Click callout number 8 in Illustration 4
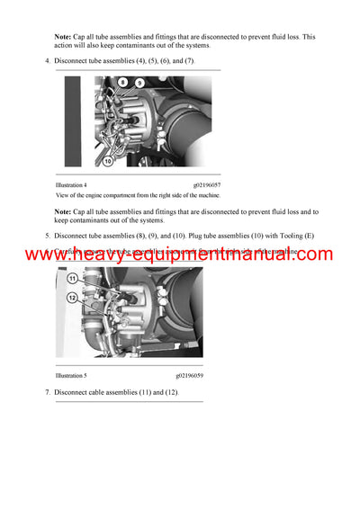click(123, 82)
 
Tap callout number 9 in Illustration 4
click(139, 83)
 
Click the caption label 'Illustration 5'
click(71, 375)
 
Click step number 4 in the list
click(47, 60)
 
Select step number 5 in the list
click(47, 236)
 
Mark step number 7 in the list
click(47, 393)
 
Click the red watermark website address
click(179, 254)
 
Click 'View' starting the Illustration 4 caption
click(63, 195)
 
